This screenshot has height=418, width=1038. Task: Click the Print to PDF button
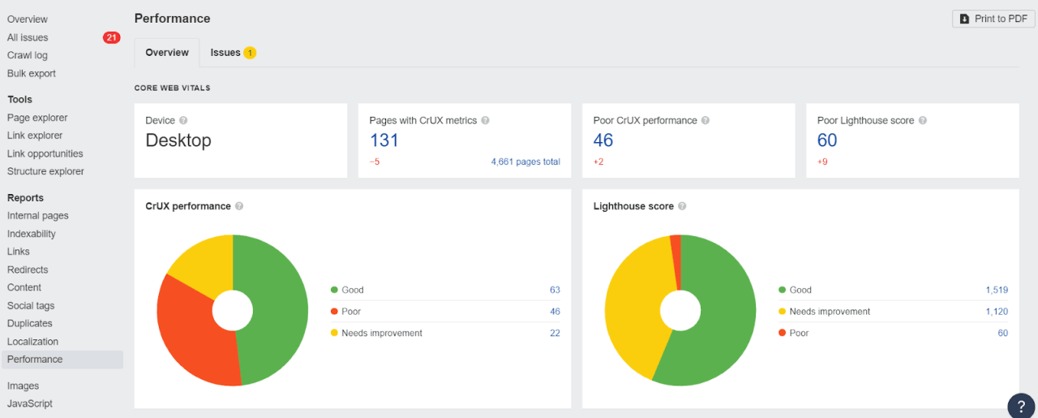click(993, 19)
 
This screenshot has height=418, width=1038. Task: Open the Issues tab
click(232, 53)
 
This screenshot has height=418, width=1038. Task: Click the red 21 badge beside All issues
click(112, 37)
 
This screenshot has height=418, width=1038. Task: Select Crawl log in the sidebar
click(28, 55)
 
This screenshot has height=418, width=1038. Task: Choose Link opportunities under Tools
click(45, 153)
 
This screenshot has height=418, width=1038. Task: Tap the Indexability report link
click(32, 234)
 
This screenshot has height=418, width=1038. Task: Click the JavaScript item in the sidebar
click(29, 403)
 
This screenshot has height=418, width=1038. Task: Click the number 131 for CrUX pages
click(384, 140)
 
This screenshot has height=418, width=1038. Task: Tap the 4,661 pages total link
click(525, 162)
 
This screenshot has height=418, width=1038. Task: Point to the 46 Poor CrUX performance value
click(603, 140)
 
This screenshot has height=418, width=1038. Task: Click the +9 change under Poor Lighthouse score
click(822, 162)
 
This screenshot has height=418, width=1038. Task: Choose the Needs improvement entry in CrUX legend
click(382, 333)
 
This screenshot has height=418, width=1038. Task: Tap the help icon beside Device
click(183, 120)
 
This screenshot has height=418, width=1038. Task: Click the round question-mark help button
click(1021, 406)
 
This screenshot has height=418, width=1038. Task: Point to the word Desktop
click(178, 140)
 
